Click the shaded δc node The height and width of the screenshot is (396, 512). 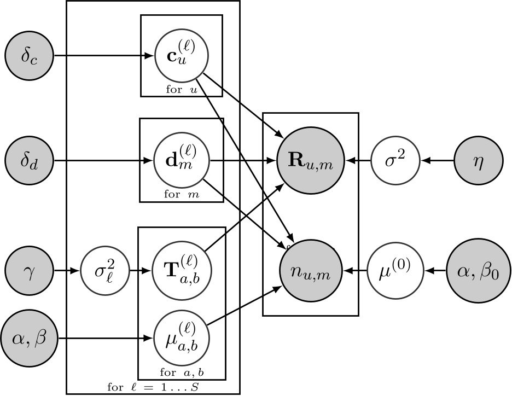30,56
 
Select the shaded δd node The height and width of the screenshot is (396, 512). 30,161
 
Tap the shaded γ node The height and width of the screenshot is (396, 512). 30,270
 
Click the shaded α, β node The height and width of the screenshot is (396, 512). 30,339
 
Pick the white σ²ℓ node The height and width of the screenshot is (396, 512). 104,270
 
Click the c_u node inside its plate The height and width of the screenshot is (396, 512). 181,56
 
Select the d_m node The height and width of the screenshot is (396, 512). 181,161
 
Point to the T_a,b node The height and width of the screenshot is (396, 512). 181,270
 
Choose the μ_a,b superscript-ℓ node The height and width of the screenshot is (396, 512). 181,339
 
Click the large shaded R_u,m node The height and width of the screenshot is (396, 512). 310,161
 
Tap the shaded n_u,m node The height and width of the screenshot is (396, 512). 310,270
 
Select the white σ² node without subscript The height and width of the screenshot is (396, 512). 395,161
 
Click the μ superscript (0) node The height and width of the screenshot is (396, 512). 395,270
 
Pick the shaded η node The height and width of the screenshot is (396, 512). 478,161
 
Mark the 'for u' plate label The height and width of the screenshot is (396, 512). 181,90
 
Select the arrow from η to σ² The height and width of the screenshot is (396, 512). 437,161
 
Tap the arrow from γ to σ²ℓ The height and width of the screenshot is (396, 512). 67,270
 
